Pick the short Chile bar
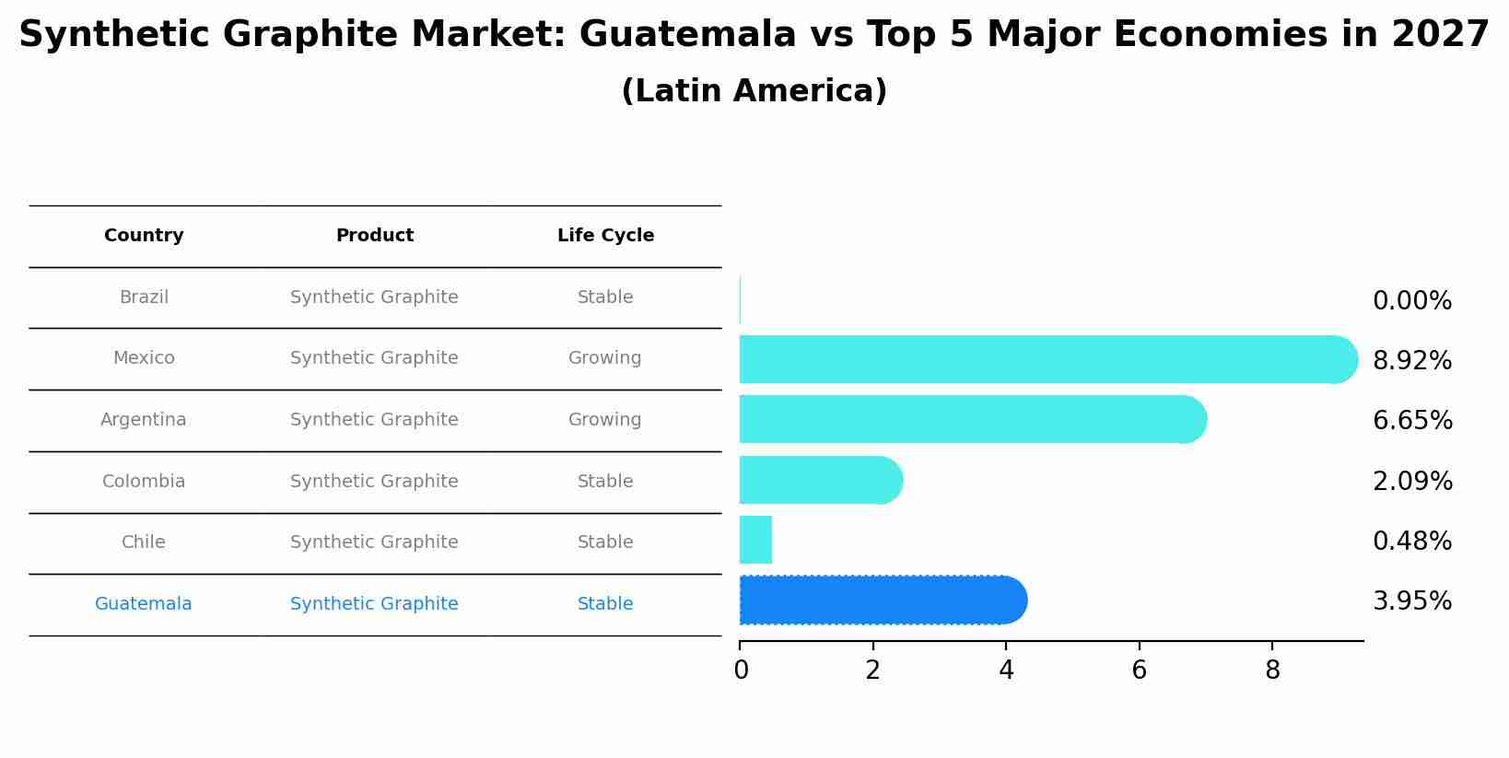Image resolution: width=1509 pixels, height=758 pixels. coord(755,541)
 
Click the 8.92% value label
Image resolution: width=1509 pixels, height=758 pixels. coord(1411,361)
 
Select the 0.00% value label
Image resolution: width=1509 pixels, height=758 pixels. coord(1411,301)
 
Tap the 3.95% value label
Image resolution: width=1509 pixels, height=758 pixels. coord(1411,601)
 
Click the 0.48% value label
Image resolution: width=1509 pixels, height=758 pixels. coord(1411,542)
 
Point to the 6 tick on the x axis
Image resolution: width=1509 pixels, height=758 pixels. coord(1139,671)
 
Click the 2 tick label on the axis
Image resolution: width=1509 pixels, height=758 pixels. coord(872,671)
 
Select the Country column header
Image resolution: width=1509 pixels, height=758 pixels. coord(144,236)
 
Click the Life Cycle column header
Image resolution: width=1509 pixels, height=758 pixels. coord(605,236)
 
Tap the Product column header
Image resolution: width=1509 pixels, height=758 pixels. coord(374,236)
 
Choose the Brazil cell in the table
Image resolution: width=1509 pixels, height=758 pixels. coord(144,297)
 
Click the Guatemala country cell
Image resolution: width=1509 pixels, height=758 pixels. coord(144,604)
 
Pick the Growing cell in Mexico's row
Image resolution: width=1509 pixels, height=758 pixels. coord(604,358)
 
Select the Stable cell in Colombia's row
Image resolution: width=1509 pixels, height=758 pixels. coord(604,482)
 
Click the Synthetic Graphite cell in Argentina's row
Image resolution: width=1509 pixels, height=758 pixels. coord(374,420)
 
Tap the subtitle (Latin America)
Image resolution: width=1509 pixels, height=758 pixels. coord(754,91)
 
